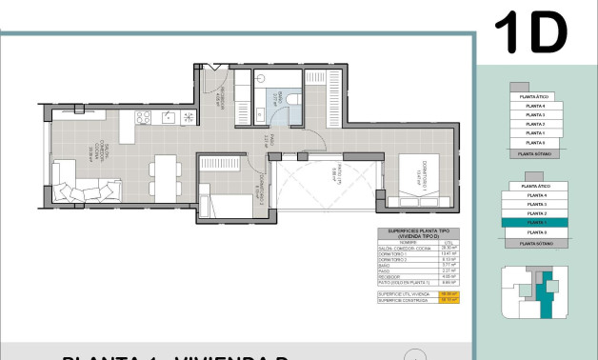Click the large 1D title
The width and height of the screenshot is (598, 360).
click(x=530, y=35)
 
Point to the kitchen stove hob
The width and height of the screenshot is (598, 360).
click(x=144, y=118)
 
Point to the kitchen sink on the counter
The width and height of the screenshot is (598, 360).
click(x=169, y=118)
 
